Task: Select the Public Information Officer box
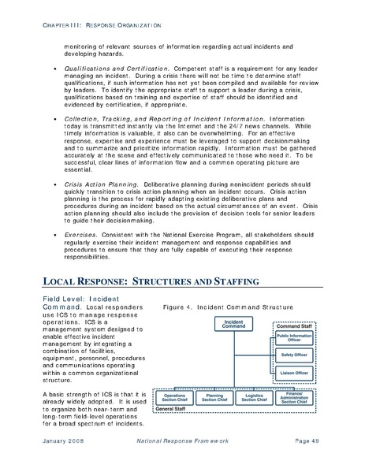click(294, 338)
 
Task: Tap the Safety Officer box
click(294, 355)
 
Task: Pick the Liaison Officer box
click(294, 372)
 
